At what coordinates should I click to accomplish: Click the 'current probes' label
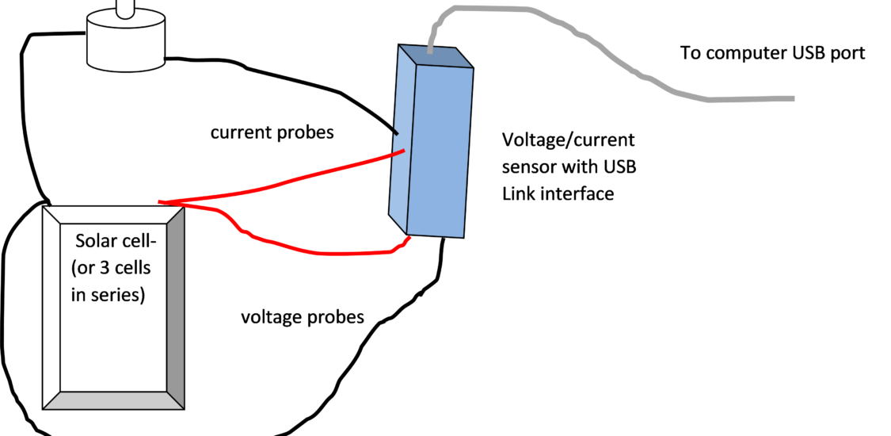tap(272, 132)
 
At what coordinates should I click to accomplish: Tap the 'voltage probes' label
tap(303, 317)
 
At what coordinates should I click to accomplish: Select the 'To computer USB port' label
tap(772, 53)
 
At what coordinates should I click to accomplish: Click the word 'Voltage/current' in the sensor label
tap(568, 140)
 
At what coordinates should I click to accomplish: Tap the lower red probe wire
tap(317, 253)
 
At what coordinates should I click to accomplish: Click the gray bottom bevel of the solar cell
tap(115, 400)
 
